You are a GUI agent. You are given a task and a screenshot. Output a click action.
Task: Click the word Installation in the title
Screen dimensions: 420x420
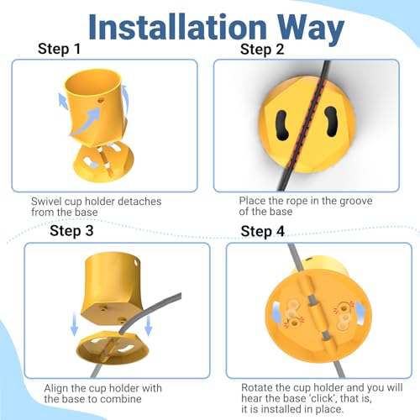177,27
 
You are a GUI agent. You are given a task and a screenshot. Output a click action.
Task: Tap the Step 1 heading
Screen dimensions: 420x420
59,49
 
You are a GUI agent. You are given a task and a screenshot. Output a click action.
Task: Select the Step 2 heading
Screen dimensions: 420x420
262,50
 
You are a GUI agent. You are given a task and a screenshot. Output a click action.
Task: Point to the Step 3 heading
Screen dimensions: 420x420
71,231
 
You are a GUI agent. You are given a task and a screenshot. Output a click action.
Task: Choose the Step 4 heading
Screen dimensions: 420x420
262,231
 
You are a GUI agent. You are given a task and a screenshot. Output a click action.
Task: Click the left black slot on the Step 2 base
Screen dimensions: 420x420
282,125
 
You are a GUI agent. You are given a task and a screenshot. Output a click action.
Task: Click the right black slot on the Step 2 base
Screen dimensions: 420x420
331,122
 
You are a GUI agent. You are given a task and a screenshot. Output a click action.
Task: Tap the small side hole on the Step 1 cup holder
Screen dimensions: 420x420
101,100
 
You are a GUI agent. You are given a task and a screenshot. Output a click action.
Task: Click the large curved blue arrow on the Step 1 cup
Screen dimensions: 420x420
87,122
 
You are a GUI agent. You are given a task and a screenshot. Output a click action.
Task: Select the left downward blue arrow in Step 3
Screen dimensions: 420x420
74,324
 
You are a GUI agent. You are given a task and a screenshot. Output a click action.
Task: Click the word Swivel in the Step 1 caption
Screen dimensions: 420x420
46,202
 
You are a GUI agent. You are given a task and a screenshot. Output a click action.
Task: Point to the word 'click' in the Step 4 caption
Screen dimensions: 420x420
322,398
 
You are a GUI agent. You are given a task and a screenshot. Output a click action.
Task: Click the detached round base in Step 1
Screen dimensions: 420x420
104,162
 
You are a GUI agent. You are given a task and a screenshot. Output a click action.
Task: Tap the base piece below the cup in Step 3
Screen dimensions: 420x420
113,347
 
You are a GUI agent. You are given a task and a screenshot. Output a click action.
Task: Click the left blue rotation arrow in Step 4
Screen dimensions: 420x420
276,313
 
